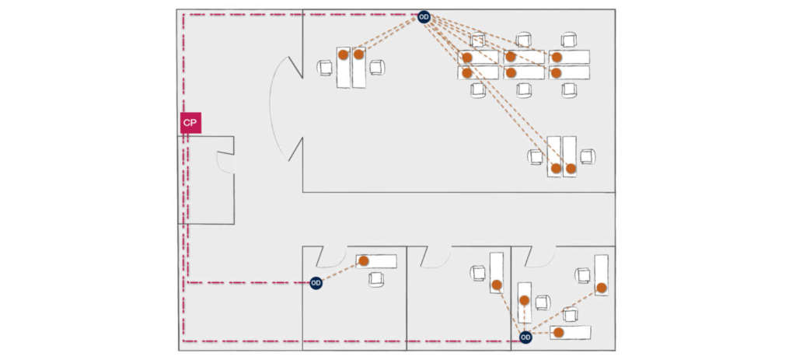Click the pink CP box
[190, 123]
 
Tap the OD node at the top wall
[424, 16]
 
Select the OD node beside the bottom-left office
[316, 283]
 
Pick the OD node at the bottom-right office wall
[525, 337]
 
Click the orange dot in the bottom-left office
[364, 261]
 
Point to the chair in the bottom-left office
[377, 278]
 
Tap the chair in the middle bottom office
[477, 273]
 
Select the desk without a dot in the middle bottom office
[496, 272]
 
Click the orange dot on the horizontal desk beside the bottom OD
[557, 333]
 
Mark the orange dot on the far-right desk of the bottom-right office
[601, 288]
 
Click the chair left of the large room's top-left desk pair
[325, 68]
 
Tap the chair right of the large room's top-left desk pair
[376, 68]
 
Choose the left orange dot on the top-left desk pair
[343, 54]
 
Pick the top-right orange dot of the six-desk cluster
[557, 57]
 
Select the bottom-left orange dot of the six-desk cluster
[466, 73]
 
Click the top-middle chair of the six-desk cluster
[523, 40]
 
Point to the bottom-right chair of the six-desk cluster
[570, 89]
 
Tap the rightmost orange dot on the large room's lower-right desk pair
[571, 168]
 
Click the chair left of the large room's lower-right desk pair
[536, 156]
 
